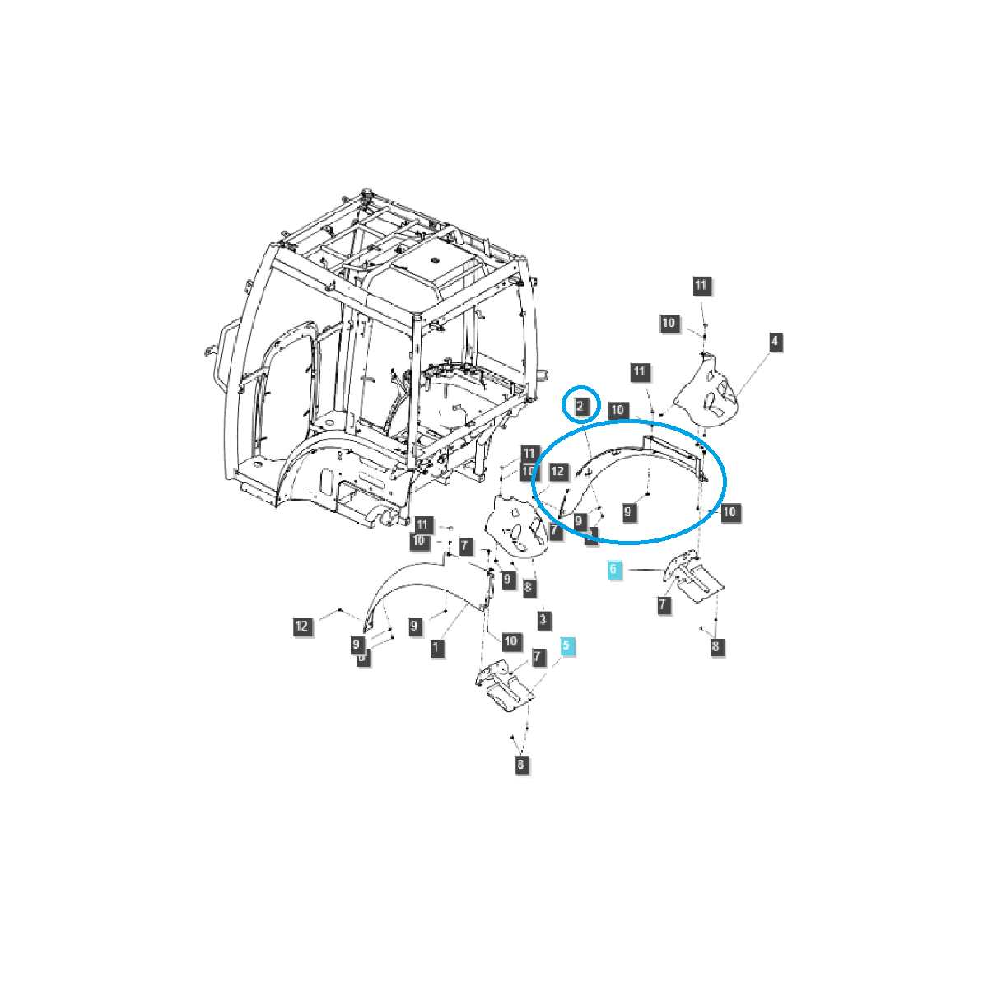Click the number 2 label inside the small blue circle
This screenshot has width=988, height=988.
(580, 405)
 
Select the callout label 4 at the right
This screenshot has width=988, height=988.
(775, 341)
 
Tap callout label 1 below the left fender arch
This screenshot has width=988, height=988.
(436, 647)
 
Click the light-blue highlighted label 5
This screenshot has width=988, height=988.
(567, 646)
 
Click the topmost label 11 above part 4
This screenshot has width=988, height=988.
(700, 286)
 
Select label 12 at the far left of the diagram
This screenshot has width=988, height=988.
(301, 627)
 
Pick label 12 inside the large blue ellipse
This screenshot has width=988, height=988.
(558, 472)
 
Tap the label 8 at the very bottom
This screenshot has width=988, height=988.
(520, 765)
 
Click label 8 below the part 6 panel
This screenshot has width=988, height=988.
(715, 646)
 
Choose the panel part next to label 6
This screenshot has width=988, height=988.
(692, 580)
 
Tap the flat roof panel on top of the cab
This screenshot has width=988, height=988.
(428, 263)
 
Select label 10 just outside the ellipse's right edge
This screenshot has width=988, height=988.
(729, 512)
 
